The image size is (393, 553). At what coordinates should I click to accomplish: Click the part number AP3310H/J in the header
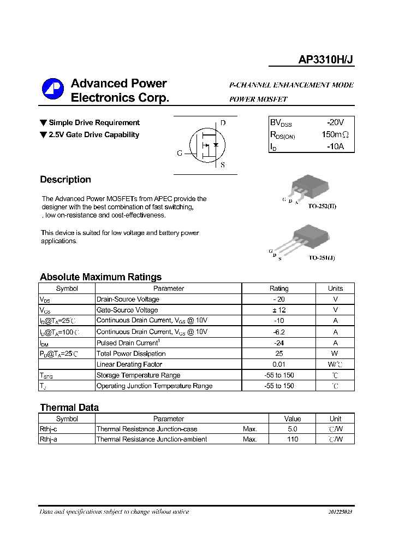click(326, 61)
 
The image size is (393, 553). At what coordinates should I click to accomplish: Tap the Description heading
click(65, 180)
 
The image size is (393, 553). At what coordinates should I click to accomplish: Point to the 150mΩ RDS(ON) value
click(334, 135)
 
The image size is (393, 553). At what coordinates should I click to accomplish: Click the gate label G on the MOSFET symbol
click(179, 154)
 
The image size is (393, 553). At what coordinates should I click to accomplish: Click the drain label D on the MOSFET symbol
click(223, 123)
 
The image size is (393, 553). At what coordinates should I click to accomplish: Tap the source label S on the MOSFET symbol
click(223, 165)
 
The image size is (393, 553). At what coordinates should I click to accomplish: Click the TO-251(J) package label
click(321, 257)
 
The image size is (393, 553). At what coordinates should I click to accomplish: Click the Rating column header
click(279, 289)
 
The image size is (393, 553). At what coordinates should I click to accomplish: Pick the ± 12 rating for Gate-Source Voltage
click(279, 310)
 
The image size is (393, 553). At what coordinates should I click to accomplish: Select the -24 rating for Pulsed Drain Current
click(279, 343)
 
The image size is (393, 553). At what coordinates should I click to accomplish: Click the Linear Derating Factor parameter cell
click(129, 364)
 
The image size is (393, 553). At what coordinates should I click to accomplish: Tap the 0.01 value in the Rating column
click(279, 364)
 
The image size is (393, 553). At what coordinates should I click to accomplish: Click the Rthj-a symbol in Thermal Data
click(49, 439)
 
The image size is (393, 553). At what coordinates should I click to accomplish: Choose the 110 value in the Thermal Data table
click(293, 439)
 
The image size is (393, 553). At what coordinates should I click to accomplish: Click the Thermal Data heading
click(69, 408)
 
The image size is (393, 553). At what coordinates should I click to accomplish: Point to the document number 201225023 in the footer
click(340, 512)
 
